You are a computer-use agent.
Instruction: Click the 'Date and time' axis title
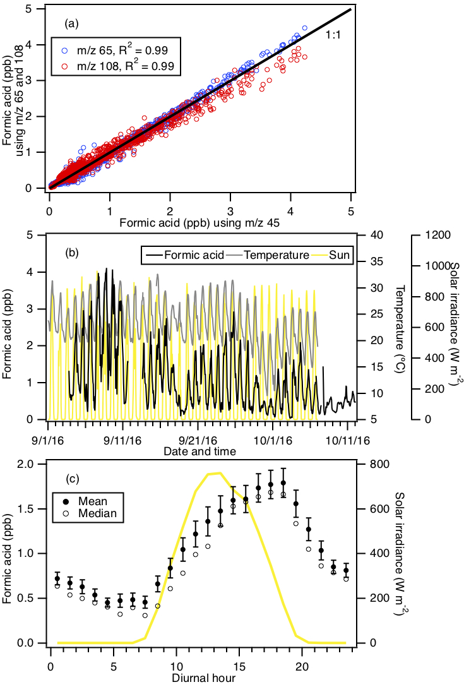199,451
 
